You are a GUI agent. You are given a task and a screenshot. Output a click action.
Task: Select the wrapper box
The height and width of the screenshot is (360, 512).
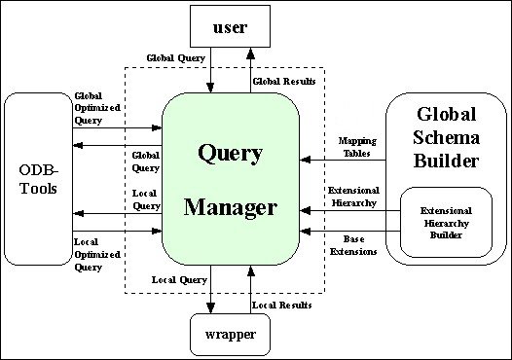point(230,335)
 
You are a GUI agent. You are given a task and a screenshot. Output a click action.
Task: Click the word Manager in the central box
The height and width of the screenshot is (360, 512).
point(231,207)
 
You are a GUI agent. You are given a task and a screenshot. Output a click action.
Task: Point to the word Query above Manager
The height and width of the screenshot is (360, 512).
point(231,153)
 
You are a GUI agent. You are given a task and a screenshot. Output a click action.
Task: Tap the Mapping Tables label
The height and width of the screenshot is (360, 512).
point(357,146)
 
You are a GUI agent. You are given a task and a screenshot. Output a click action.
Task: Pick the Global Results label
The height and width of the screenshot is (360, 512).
point(283,81)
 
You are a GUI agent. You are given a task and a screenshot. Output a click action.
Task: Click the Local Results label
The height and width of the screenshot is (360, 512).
point(282,306)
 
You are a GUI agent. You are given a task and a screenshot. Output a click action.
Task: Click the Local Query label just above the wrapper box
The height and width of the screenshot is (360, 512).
point(179,280)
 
